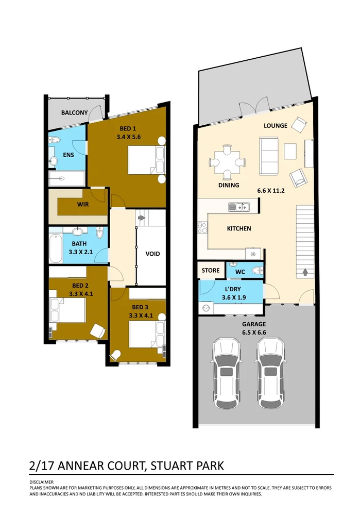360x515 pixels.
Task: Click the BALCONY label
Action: pos(74,112)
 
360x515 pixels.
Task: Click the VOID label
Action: pos(152,254)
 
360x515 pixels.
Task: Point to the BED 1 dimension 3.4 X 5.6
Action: pos(128,137)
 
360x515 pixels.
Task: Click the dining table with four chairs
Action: pos(227,162)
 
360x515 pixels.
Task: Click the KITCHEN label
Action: pos(239,228)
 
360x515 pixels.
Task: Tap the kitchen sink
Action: pos(239,208)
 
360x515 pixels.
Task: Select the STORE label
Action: pos(210,270)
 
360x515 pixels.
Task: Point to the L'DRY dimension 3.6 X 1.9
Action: pos(234,297)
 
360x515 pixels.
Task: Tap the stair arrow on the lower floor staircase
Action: pos(305,271)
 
